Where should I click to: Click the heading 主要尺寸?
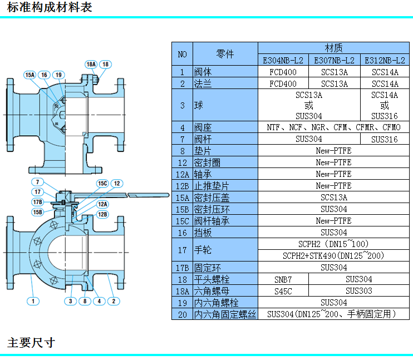coord(31,342)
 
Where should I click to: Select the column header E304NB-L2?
coord(283,60)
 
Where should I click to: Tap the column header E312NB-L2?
coord(385,60)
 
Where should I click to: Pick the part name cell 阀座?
coord(204,127)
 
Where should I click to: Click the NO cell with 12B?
coord(183,186)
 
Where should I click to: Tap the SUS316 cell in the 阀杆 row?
coord(385,139)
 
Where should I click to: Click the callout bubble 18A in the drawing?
coord(91,65)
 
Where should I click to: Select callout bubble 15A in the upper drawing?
coord(29,75)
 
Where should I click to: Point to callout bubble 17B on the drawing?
coord(37,202)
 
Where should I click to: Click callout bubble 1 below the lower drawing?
coord(33,301)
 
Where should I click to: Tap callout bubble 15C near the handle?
coord(102,183)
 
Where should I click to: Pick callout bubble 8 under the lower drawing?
coord(85,301)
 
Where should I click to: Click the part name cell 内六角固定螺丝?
coord(225,314)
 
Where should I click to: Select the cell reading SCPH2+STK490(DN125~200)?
coord(333,255)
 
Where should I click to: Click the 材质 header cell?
coord(333,48)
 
